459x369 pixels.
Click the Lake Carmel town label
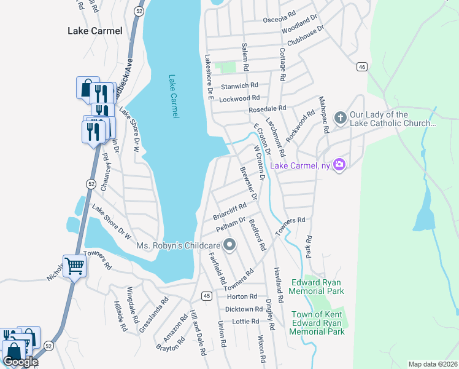tap(94, 31)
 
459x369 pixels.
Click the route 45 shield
tap(207, 296)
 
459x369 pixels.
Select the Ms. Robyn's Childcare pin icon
tap(230, 246)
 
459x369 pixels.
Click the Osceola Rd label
tap(280, 20)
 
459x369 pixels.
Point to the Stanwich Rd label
tap(240, 86)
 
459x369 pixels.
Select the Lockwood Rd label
tap(240, 98)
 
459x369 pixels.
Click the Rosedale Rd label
tap(268, 108)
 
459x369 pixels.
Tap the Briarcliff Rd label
tap(229, 212)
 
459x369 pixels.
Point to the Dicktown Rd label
tap(244, 309)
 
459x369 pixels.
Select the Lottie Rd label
tap(247, 322)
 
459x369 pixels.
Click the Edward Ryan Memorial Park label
tap(318, 287)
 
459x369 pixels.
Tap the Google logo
tap(20, 361)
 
